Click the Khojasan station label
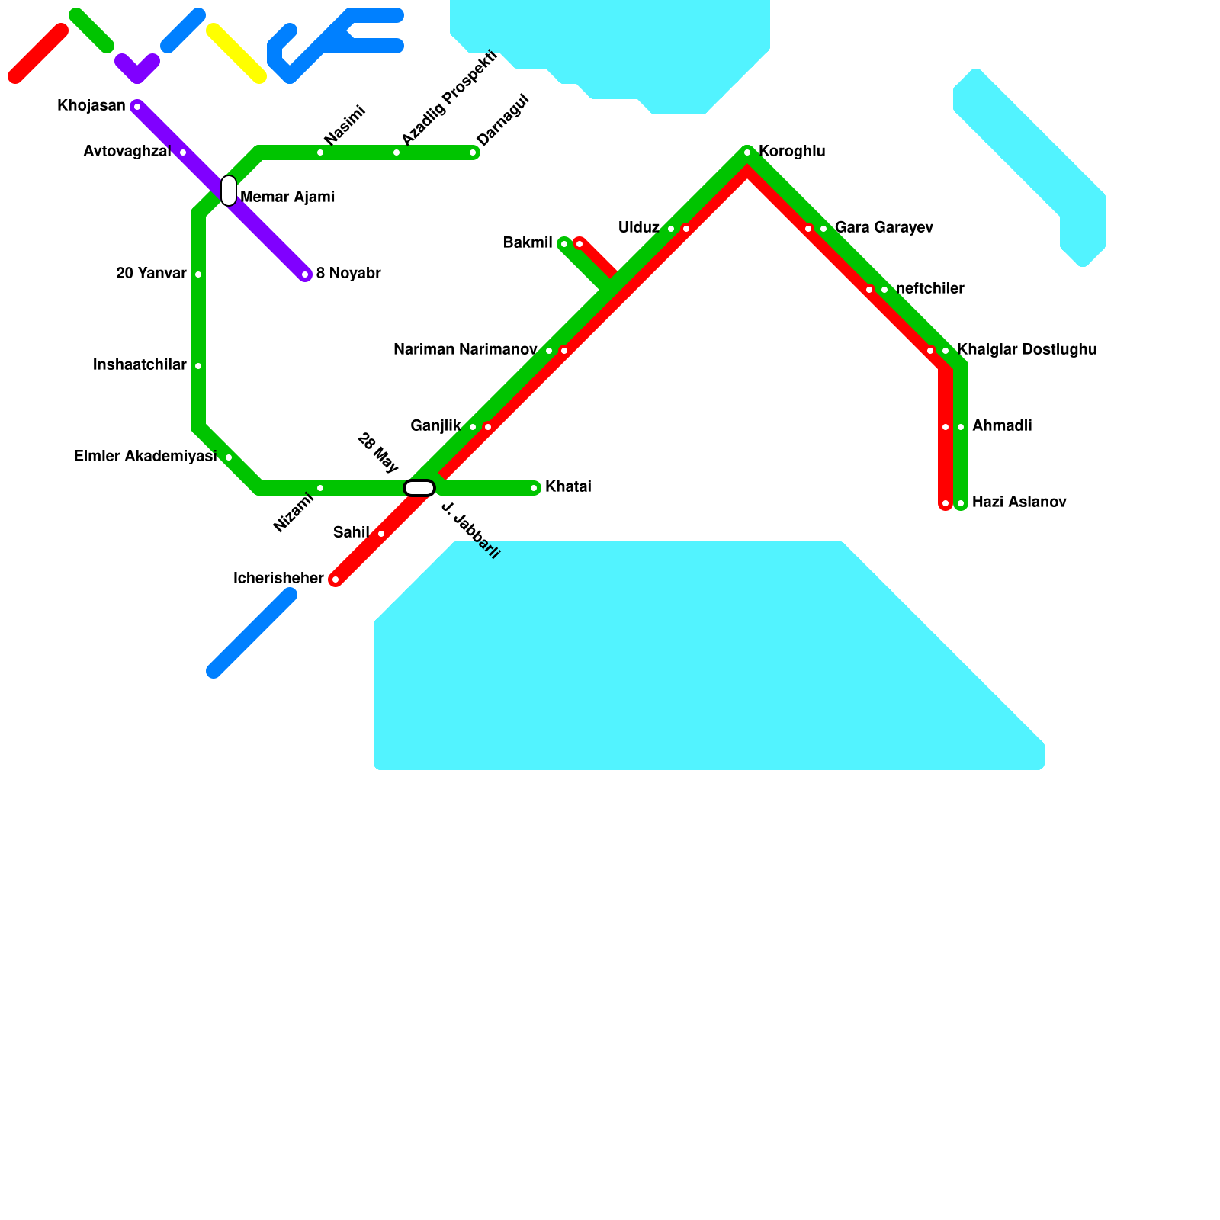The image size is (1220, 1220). (91, 106)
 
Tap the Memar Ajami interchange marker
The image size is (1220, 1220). (229, 191)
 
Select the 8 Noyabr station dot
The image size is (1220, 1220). (305, 274)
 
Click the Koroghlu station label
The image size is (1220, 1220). (791, 152)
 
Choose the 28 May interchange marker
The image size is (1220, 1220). (419, 488)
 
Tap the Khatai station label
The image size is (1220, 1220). (568, 487)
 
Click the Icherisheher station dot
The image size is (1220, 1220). (335, 579)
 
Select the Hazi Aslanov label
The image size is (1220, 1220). (1019, 502)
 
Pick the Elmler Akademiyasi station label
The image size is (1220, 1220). (145, 457)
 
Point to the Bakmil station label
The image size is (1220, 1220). (528, 243)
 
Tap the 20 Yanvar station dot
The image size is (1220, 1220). (198, 274)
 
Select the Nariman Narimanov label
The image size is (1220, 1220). (465, 350)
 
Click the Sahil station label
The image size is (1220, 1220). (351, 532)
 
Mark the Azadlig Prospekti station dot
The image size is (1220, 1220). (396, 152)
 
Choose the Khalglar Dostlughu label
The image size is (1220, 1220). (1026, 350)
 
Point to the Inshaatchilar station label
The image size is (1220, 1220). (140, 365)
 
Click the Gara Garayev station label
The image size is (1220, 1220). (884, 228)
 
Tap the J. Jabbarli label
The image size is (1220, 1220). (470, 531)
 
